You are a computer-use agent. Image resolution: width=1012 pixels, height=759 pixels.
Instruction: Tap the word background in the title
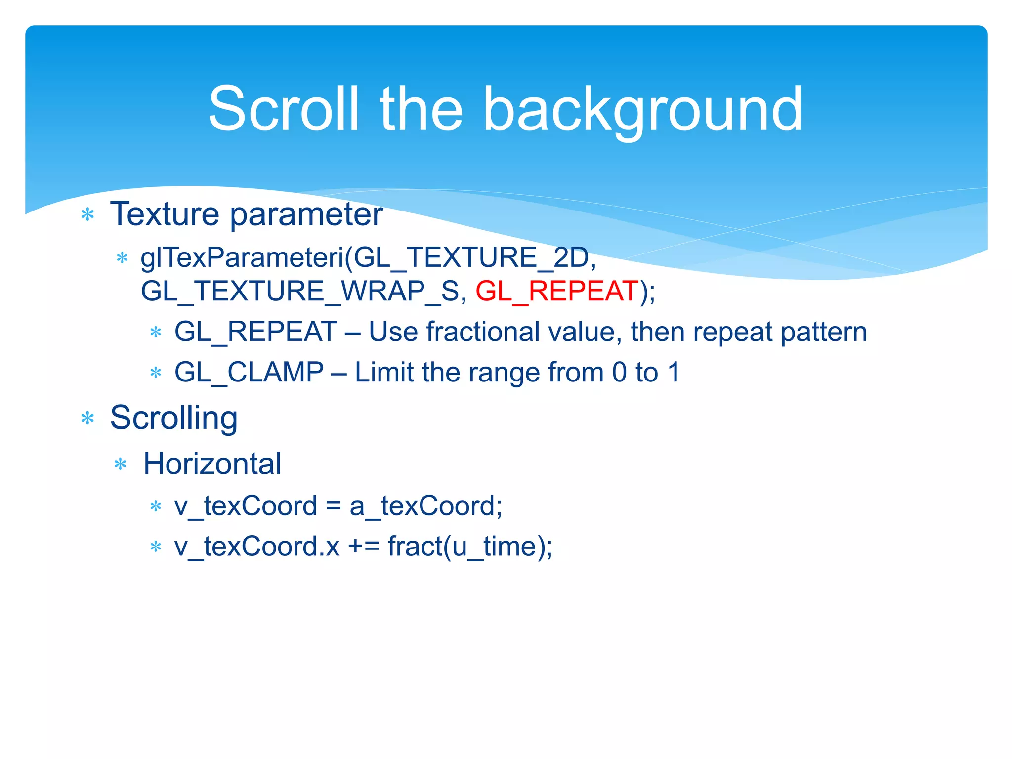click(x=642, y=110)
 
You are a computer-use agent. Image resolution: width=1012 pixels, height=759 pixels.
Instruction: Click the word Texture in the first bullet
click(x=165, y=214)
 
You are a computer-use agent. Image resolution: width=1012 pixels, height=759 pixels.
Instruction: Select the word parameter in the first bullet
click(x=306, y=215)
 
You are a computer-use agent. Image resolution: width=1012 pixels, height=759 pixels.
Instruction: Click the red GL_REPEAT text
click(x=557, y=291)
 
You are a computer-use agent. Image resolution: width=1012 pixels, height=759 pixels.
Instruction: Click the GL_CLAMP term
click(x=249, y=372)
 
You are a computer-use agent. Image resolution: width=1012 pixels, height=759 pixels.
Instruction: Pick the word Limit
click(x=384, y=372)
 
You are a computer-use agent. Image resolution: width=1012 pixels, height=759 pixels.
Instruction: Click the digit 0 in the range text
click(x=619, y=372)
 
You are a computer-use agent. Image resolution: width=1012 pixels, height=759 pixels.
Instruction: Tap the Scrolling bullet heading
click(x=173, y=418)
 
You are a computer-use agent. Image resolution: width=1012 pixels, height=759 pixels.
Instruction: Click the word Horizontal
click(x=212, y=464)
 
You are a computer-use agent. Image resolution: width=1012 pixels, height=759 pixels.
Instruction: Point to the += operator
click(x=363, y=547)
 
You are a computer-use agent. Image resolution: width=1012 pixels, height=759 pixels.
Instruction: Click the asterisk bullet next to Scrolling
click(x=87, y=419)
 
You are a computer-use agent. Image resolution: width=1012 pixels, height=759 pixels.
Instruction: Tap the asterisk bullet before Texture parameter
click(x=87, y=215)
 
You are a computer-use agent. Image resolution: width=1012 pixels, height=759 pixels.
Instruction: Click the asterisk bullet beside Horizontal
click(x=121, y=464)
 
